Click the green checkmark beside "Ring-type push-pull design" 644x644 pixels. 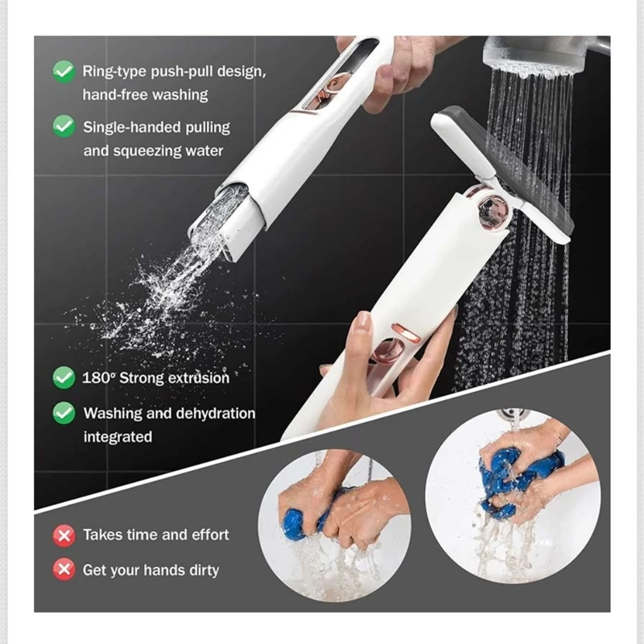64,72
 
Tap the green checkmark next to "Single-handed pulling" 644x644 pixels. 64,126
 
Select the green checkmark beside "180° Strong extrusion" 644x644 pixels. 64,378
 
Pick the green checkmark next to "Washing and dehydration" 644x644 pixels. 64,413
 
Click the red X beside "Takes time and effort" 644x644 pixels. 64,535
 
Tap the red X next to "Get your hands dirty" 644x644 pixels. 64,569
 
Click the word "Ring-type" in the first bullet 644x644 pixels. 114,72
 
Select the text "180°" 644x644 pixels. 97,378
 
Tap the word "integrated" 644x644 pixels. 118,436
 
